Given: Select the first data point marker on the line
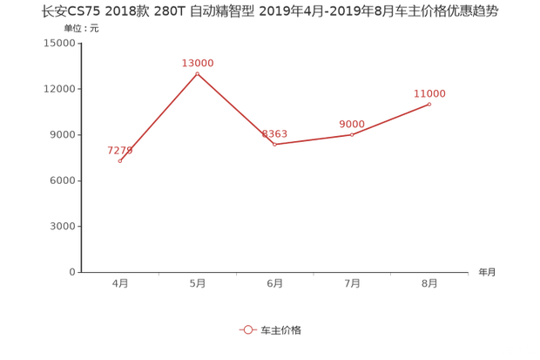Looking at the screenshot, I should (119, 161).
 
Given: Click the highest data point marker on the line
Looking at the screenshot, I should (197, 73).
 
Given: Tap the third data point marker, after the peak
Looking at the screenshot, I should (274, 145).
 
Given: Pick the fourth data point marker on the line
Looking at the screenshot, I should (352, 134).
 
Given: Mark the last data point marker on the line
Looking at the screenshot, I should (429, 104).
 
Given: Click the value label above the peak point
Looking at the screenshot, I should (197, 62).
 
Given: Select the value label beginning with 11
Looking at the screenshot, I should (430, 92).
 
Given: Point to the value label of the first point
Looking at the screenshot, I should (121, 150).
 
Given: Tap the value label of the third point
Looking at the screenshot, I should (275, 132).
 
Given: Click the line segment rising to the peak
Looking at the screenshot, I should (158, 118).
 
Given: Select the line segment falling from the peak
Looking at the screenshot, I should (235, 109).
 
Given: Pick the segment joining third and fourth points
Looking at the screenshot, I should (314, 139).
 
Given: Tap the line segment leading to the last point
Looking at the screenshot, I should (391, 119).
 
